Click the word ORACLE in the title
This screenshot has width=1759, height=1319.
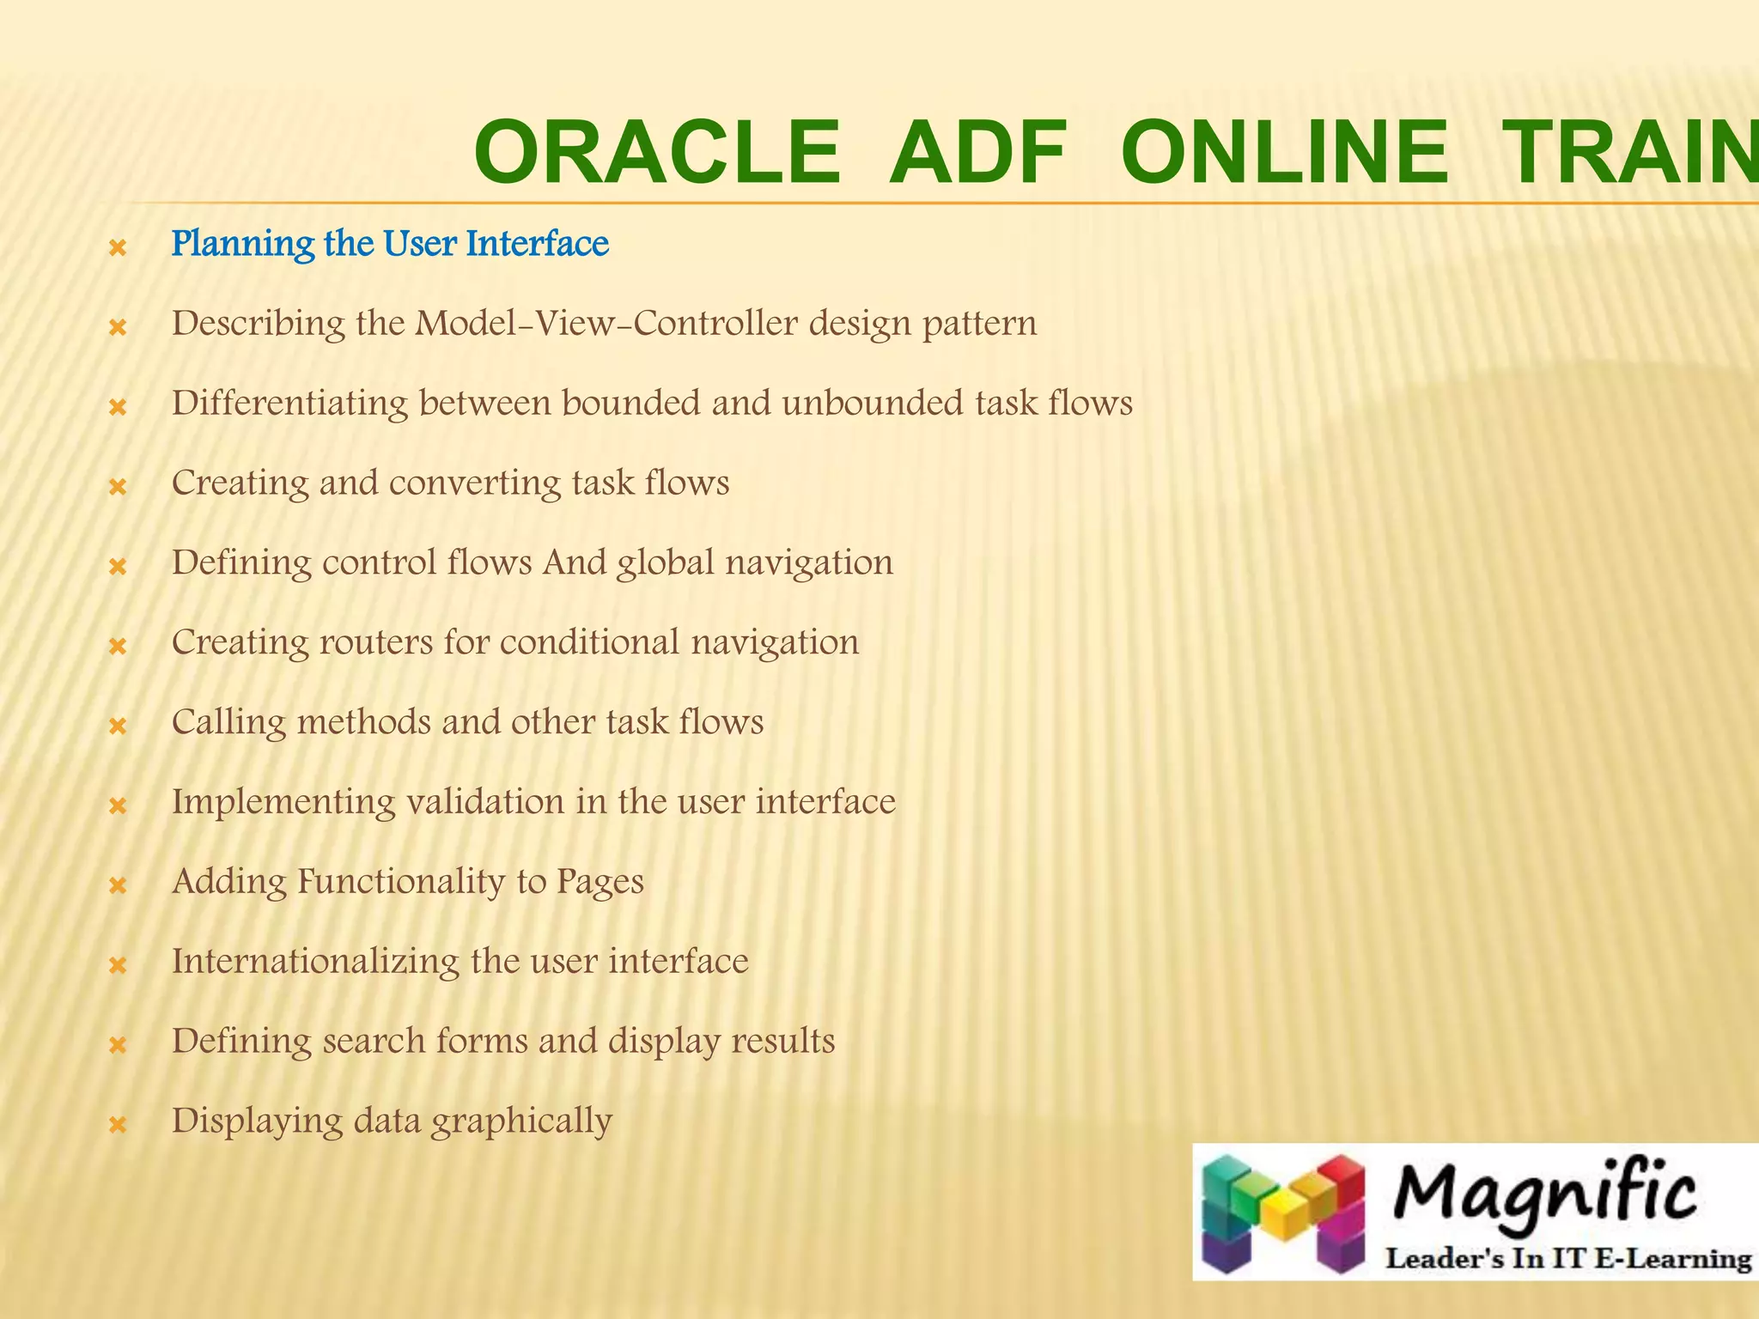[657, 153]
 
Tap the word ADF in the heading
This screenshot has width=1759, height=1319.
[977, 153]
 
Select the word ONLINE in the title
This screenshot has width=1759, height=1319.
[1285, 153]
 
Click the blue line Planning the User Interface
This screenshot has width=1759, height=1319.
[390, 244]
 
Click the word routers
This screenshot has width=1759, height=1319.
[375, 642]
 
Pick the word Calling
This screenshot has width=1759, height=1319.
[228, 722]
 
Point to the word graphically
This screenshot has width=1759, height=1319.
[521, 1121]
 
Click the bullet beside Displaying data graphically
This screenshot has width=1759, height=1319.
[119, 1124]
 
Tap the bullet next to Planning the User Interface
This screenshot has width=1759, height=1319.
[119, 249]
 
